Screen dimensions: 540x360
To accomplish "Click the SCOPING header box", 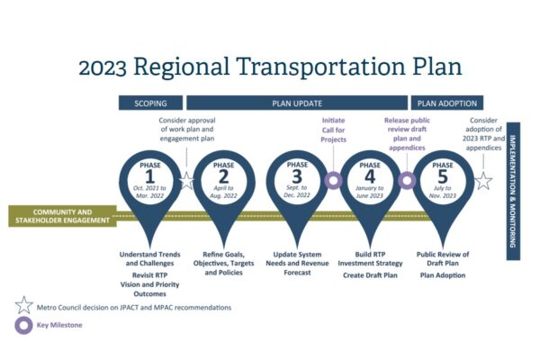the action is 150,103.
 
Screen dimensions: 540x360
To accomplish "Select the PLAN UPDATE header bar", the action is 297,103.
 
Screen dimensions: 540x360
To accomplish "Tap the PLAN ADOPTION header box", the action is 447,103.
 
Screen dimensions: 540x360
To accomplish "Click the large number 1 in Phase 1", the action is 149,177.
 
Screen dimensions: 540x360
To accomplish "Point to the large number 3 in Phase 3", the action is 297,176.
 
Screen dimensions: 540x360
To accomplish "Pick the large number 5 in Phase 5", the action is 443,177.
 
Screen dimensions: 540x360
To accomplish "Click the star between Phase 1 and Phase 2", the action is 187,181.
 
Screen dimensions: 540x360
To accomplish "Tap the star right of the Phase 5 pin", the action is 483,181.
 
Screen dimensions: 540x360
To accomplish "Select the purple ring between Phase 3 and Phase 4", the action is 333,180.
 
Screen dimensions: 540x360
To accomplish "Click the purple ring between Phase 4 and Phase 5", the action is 407,180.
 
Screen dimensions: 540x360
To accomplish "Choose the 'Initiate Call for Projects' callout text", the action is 333,130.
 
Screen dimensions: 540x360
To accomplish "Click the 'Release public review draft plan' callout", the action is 407,134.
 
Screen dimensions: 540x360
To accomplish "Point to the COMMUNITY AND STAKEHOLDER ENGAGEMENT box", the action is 62,216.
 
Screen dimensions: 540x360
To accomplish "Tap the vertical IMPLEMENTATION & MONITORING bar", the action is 513,191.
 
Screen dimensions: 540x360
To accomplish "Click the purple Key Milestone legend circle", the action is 23,325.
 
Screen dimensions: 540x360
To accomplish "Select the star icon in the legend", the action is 23,305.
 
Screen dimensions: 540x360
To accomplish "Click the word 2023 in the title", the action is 103,67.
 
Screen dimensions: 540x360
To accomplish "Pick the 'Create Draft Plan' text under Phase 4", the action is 370,275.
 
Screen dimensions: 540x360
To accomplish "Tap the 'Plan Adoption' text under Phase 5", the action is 443,275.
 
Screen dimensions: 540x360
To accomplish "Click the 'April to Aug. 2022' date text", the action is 223,192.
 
